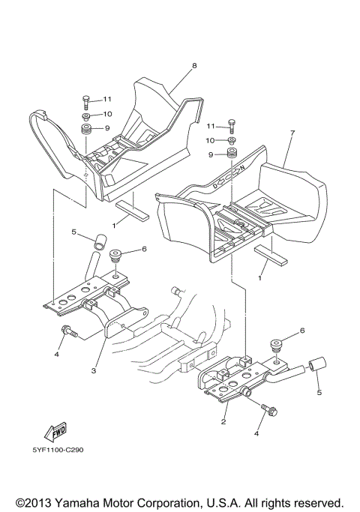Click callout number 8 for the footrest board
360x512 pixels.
click(194, 66)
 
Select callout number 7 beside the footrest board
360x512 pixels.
click(292, 133)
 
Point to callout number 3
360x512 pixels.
click(94, 371)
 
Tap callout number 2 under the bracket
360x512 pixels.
click(223, 421)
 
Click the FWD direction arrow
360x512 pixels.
click(55, 431)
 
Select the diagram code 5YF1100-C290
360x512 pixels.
click(58, 450)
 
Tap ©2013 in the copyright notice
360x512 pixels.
click(34, 502)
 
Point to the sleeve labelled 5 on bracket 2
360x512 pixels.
click(318, 365)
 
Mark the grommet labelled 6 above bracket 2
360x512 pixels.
click(277, 346)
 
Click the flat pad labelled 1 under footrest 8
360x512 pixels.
click(132, 211)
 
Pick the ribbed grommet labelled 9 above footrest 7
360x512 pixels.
click(232, 154)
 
